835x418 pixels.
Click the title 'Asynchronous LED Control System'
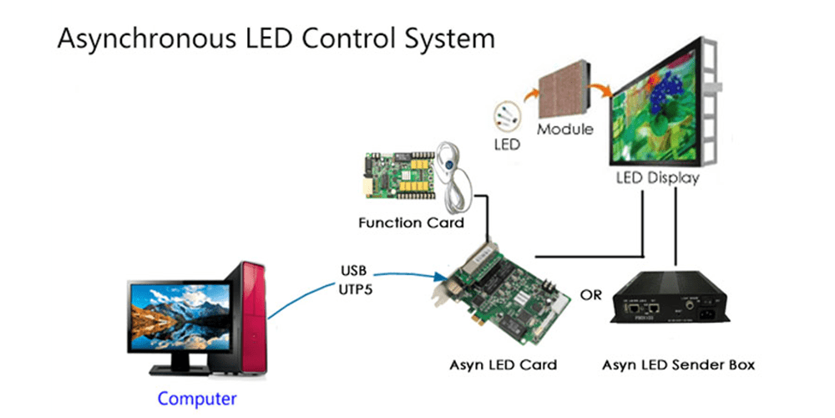[x=276, y=38]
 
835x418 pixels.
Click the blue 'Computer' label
[x=197, y=399]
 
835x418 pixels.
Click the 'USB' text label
[x=352, y=272]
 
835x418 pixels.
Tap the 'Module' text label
[x=565, y=130]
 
